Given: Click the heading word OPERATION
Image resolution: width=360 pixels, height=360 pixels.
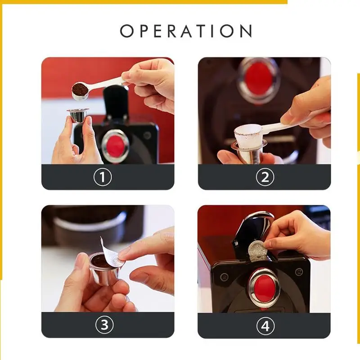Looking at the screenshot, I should point(186,31).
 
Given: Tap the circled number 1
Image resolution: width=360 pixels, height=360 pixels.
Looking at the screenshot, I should point(103,177).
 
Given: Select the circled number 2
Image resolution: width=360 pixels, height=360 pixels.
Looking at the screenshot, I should point(265,177).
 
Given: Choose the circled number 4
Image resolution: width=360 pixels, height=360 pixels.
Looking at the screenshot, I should point(265,325).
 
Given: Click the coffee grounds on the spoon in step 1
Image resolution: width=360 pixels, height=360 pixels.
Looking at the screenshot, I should point(81,88).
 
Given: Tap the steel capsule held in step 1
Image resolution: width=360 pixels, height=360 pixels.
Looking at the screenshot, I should point(77,116).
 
